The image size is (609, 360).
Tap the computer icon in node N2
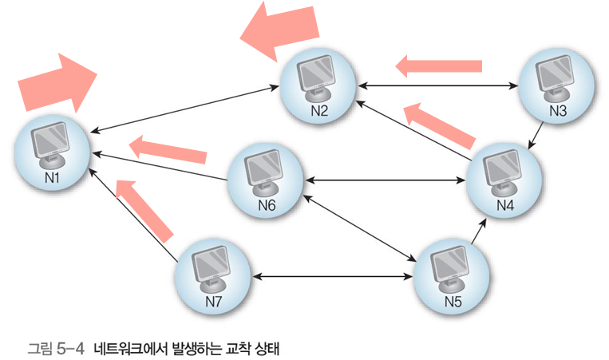pos(319,81)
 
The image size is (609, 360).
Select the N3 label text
pos(557,112)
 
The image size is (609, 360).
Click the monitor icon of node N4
pos(504,172)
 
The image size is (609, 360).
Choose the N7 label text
pos(213,302)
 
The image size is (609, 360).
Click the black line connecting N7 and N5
pos(334,277)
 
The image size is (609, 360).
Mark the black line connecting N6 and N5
pos(359,231)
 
